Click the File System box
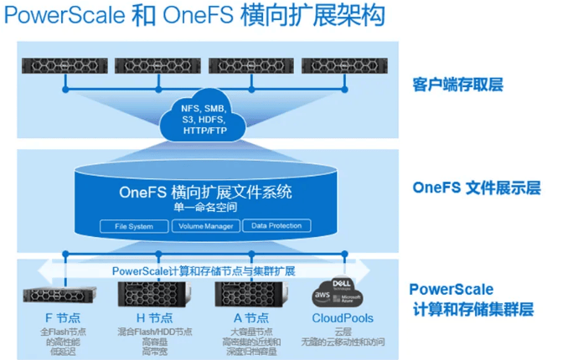tap(133, 226)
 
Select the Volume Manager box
tap(205, 226)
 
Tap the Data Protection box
tap(276, 226)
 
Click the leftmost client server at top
tap(63, 64)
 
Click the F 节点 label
tap(63, 318)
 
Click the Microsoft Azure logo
tap(352, 297)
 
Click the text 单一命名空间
tap(205, 207)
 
